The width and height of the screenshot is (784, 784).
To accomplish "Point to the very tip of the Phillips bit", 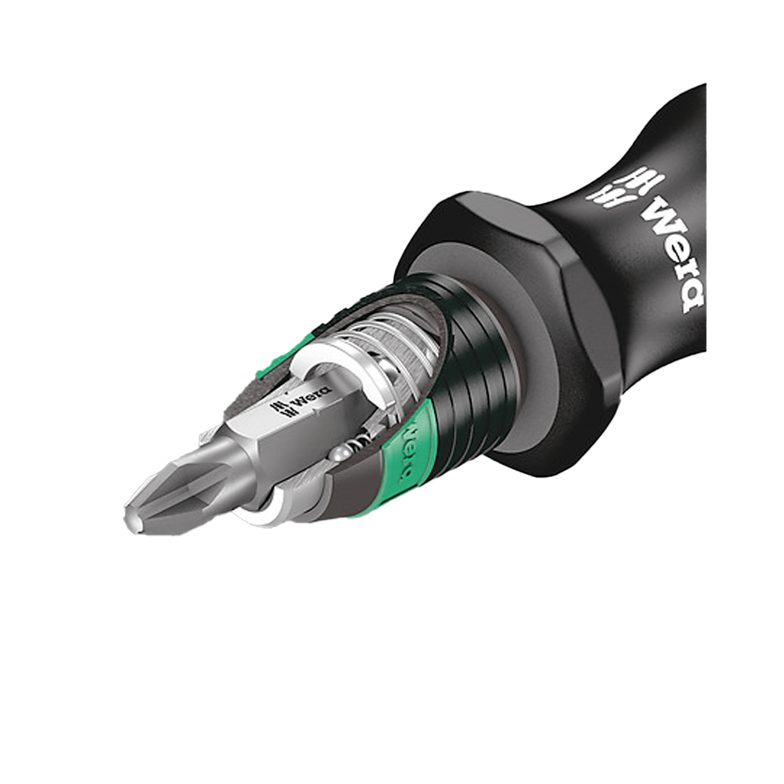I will pos(129,520).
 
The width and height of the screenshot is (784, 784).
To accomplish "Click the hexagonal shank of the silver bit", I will pos(268,429).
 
